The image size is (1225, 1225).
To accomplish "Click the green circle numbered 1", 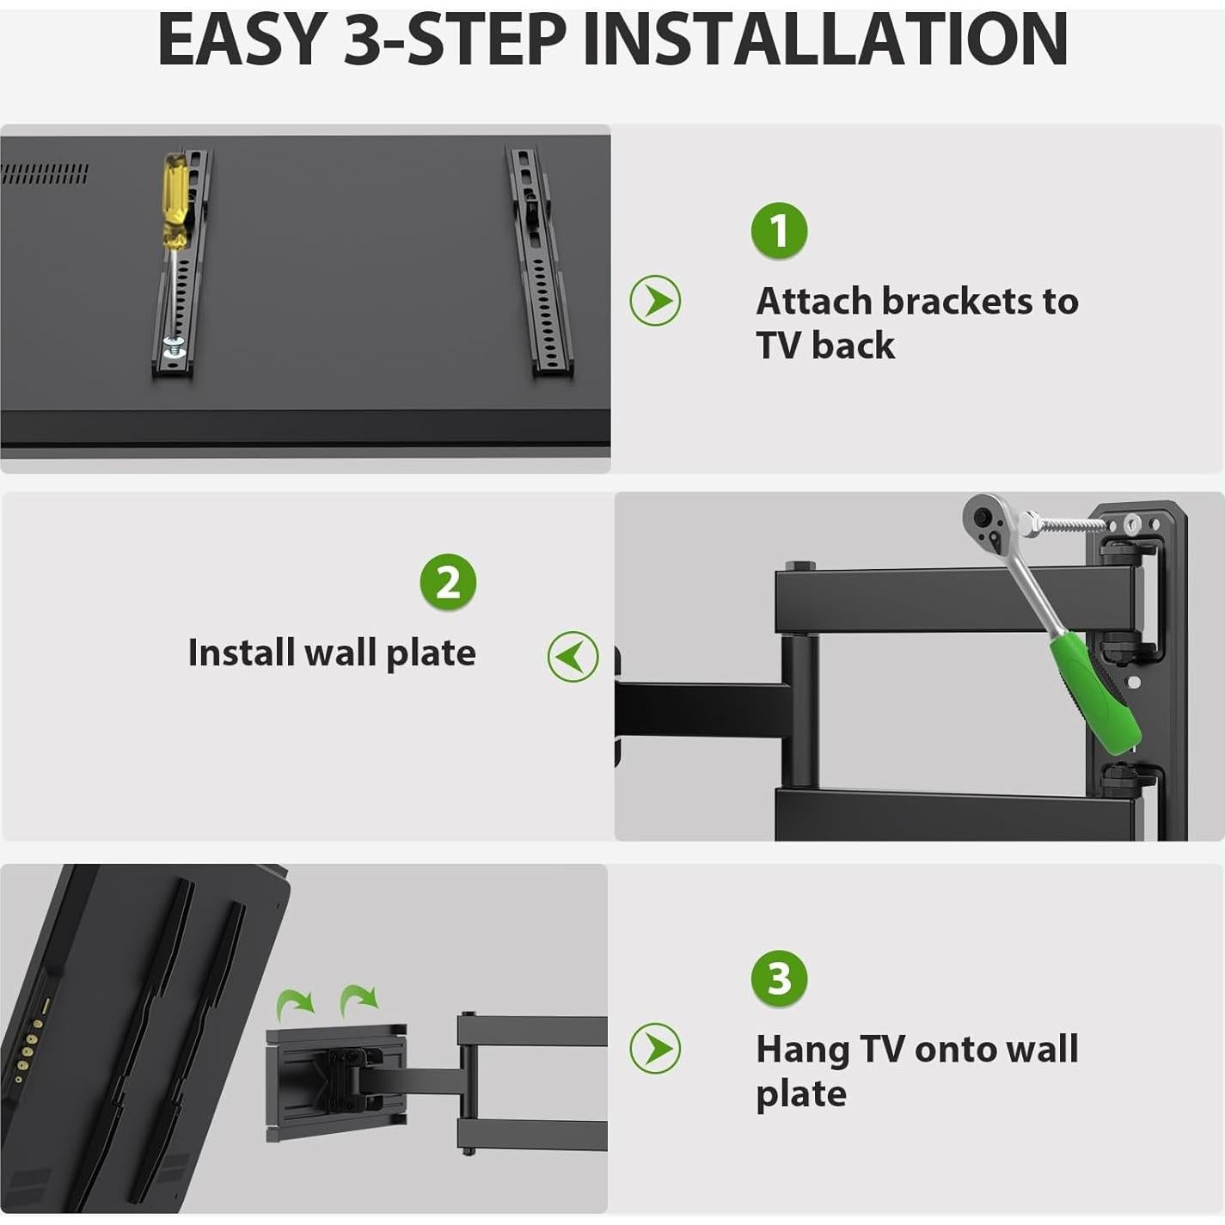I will click(779, 230).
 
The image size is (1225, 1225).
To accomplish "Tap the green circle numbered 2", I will click(448, 582).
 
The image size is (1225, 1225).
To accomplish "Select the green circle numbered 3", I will click(779, 978).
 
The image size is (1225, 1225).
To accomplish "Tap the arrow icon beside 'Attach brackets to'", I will click(655, 301).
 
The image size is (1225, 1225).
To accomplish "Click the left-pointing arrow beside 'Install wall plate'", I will click(573, 657).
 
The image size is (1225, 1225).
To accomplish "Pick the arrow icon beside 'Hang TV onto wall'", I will click(655, 1048).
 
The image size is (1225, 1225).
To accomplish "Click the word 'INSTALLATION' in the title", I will click(825, 40).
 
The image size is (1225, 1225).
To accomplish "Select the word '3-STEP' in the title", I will click(456, 40).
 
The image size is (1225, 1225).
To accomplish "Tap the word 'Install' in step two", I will click(242, 652).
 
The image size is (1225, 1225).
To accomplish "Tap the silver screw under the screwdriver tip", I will click(174, 346).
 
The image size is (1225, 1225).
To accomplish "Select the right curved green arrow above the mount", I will click(358, 1000).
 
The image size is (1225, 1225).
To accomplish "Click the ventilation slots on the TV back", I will click(44, 175).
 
